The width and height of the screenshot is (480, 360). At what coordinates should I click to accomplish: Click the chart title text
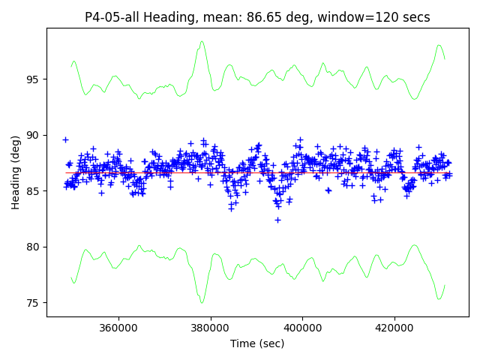point(257,17)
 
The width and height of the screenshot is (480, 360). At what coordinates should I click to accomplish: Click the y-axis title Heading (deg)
point(16,172)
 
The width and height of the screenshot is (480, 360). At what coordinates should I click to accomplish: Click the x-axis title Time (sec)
point(257,343)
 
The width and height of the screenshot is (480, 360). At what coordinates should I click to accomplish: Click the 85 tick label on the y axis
point(32,191)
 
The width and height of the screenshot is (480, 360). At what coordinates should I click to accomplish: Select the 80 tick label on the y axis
point(32,247)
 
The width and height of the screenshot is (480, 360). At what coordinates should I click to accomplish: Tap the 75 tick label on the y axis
point(32,303)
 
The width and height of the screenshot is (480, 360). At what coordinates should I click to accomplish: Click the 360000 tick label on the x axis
point(118,328)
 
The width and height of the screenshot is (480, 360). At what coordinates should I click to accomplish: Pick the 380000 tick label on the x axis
point(210,328)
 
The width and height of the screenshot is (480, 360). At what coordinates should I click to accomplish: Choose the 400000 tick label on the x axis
point(302,328)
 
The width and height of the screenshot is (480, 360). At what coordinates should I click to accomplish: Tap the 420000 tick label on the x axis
point(394,328)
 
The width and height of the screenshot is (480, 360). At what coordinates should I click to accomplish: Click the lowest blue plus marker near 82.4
point(277,220)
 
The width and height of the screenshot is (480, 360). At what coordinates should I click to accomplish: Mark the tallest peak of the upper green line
point(202,42)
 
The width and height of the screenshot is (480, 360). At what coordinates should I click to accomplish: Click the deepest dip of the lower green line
point(202,302)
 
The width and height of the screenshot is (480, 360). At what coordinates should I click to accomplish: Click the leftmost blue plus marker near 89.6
point(65,139)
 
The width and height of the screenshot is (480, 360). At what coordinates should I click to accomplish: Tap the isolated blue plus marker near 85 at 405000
point(328,190)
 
